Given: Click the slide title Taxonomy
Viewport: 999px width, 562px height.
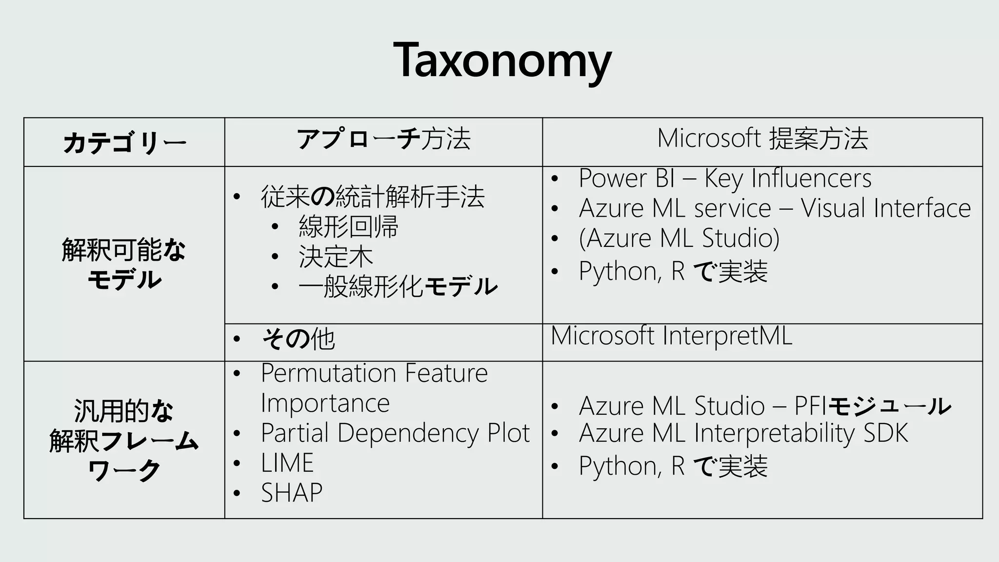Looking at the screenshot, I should coord(502,61).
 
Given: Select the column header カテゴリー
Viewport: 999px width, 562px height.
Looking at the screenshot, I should coord(124,143).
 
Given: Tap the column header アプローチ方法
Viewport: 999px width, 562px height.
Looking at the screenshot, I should coord(383,139).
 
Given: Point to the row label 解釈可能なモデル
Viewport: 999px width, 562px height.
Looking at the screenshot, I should coord(124,264).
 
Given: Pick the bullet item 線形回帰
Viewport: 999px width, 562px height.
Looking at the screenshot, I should coord(348,226).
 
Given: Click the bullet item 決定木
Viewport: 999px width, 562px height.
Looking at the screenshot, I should coord(336,257).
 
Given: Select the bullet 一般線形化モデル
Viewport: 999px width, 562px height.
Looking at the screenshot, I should coord(398,286).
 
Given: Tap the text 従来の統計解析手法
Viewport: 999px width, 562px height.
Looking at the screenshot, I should coord(373,197).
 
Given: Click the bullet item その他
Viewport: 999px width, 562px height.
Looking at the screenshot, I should coord(298,339).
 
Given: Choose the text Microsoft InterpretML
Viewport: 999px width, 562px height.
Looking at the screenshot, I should coord(671,336).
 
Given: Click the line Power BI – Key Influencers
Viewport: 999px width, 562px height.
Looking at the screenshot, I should coord(725,178).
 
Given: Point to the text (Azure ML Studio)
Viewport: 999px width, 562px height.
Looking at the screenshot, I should coord(679,238).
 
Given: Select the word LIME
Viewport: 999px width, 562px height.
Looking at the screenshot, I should coord(287,463).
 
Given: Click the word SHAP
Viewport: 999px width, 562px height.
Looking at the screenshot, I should coord(292,493).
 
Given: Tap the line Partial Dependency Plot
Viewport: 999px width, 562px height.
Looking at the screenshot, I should coord(395,433).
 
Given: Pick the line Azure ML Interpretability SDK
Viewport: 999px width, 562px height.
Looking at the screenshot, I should coord(743,433).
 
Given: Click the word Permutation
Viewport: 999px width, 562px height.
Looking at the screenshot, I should coord(328,373).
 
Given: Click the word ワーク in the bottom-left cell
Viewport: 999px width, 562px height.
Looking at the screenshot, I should coord(124,471).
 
